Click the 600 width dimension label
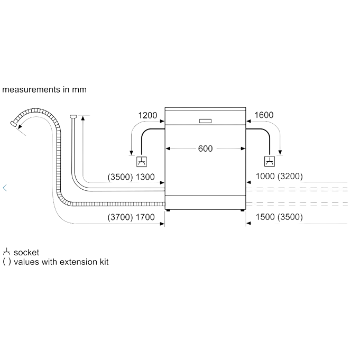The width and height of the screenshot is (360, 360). click(205, 149)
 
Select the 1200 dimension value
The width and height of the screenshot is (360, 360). click(148, 115)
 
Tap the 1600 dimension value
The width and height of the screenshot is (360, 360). click(264, 115)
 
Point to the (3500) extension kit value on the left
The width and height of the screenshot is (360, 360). click(120, 177)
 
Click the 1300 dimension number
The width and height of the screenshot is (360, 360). click(145, 177)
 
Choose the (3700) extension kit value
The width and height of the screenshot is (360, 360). click(120, 217)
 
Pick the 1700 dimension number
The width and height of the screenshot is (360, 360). click(145, 217)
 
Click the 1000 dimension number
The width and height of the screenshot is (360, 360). click(265, 176)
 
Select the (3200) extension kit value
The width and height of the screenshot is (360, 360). click(290, 176)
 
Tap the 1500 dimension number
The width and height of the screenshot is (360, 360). click(265, 217)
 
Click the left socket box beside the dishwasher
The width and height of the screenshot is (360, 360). click(142, 162)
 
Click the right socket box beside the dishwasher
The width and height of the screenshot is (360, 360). click(270, 161)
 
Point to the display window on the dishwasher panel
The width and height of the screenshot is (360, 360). click(205, 121)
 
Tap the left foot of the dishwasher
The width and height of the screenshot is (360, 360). click(168, 210)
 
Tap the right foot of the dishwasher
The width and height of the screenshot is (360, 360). click(242, 210)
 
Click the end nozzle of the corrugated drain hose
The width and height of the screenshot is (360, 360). click(14, 124)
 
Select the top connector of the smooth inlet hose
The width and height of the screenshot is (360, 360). click(73, 117)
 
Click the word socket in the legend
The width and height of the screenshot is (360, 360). click(26, 253)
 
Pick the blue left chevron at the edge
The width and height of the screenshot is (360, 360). click(5, 188)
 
